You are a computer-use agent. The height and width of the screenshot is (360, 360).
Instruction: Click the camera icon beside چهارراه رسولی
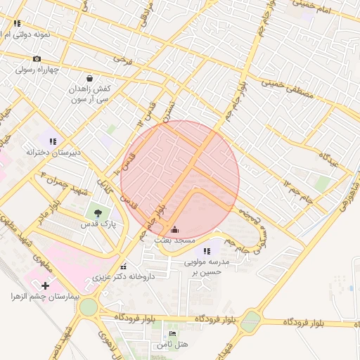pyautogui.click(x=37, y=58)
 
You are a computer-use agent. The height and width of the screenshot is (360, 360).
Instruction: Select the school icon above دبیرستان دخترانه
pyautogui.click(x=53, y=141)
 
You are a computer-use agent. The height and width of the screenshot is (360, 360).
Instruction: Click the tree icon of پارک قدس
pyautogui.click(x=97, y=212)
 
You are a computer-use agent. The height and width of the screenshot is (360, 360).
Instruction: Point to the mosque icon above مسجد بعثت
pyautogui.click(x=174, y=230)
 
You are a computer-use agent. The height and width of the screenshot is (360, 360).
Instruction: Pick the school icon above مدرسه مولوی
pyautogui.click(x=207, y=251)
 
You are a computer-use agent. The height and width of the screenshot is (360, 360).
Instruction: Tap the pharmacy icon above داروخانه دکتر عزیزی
pyautogui.click(x=124, y=266)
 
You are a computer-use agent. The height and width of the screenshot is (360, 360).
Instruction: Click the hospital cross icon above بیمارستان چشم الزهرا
pyautogui.click(x=46, y=285)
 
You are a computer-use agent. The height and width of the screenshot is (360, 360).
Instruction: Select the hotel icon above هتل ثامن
pyautogui.click(x=172, y=333)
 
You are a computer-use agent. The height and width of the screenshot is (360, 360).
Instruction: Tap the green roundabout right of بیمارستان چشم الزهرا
pyautogui.click(x=89, y=307)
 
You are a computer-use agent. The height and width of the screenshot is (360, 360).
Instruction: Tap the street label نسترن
pyautogui.click(x=167, y=110)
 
